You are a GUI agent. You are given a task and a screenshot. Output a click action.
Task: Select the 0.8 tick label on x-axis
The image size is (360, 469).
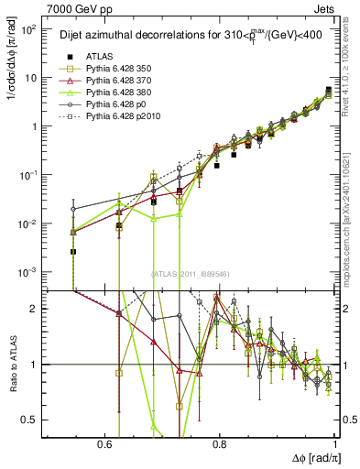(x=220, y=443)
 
